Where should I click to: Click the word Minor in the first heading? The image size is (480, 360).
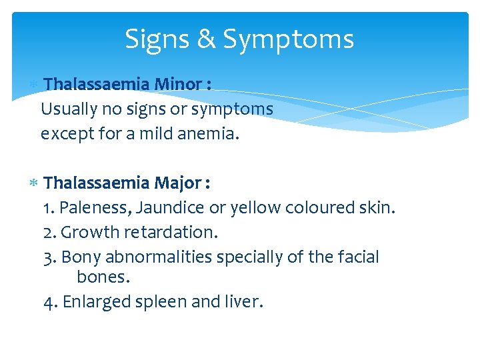point(178,85)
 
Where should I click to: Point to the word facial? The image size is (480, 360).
point(357,257)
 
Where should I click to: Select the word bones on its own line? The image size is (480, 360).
point(103,277)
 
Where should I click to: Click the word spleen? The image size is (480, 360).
point(161,303)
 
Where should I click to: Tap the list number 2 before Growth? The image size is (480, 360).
point(49,233)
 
